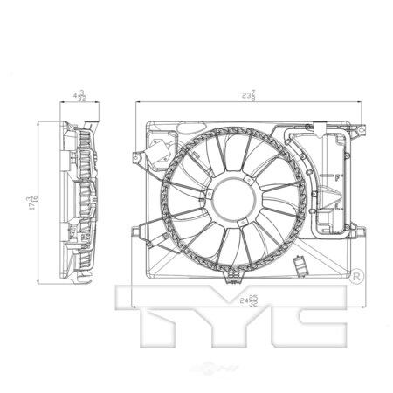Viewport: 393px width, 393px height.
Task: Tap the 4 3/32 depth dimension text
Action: [79, 96]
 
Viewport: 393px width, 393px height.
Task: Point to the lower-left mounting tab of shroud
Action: [138, 231]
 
